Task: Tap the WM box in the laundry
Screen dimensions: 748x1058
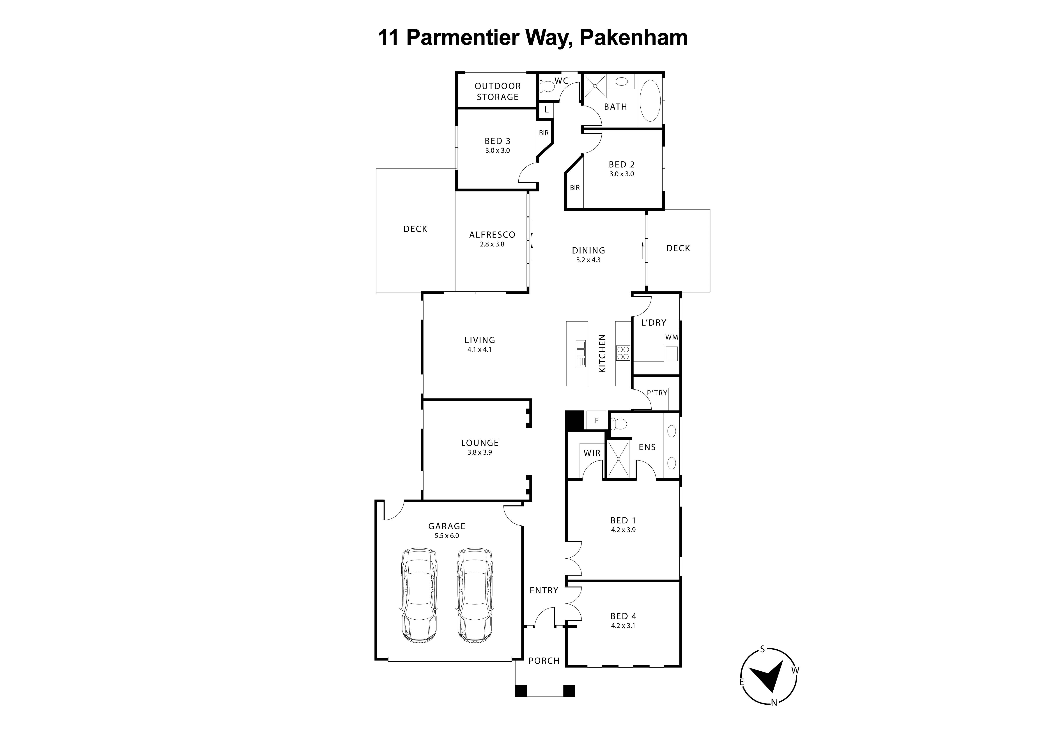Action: point(671,337)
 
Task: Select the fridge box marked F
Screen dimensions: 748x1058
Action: point(596,420)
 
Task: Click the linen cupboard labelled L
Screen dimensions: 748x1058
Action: point(546,110)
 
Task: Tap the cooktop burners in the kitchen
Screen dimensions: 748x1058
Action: point(623,353)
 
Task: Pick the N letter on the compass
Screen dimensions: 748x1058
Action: point(774,703)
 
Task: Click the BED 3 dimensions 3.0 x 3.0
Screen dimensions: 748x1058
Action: point(497,151)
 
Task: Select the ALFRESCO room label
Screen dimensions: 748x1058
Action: point(492,235)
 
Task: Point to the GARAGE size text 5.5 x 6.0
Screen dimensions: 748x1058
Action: point(447,535)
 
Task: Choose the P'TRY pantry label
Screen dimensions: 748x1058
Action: point(657,393)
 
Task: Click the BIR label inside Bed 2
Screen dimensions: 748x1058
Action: point(575,188)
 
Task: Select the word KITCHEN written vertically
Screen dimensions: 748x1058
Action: point(602,353)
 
